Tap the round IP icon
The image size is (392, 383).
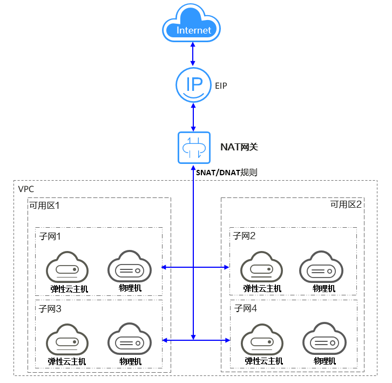(x=193, y=84)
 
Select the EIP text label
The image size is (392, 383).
(x=222, y=85)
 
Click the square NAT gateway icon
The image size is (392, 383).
(x=193, y=147)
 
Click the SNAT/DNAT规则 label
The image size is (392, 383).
(x=227, y=173)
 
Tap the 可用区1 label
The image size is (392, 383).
(x=44, y=206)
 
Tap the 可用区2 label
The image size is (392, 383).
(x=346, y=204)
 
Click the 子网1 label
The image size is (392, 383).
(x=51, y=236)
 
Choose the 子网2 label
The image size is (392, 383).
(x=244, y=236)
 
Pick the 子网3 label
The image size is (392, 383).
(x=51, y=309)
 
